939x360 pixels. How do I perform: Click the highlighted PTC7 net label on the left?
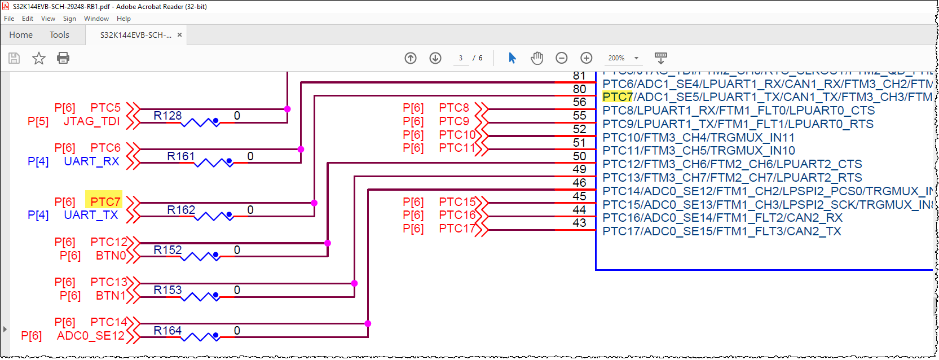(104, 201)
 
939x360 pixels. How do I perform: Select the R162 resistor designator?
(181, 210)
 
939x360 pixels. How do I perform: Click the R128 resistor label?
(167, 116)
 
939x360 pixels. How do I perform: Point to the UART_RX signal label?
(91, 161)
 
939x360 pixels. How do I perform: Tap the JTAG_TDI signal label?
(91, 121)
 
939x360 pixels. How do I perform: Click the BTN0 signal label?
(111, 256)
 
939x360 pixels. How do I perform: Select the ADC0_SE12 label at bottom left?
(90, 336)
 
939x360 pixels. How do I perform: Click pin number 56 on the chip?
(579, 102)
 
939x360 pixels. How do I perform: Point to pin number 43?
(579, 223)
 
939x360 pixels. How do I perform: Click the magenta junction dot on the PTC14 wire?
(368, 324)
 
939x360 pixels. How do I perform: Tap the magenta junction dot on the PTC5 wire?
(287, 109)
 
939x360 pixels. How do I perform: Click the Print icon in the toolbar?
(63, 58)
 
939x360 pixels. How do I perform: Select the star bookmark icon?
(39, 58)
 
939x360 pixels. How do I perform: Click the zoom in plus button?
(587, 58)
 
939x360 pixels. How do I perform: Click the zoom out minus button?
(562, 58)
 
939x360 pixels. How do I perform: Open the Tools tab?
(59, 35)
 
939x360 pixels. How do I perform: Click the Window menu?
(96, 19)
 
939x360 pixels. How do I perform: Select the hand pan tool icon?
(537, 58)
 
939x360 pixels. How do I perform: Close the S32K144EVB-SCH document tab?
(179, 35)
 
